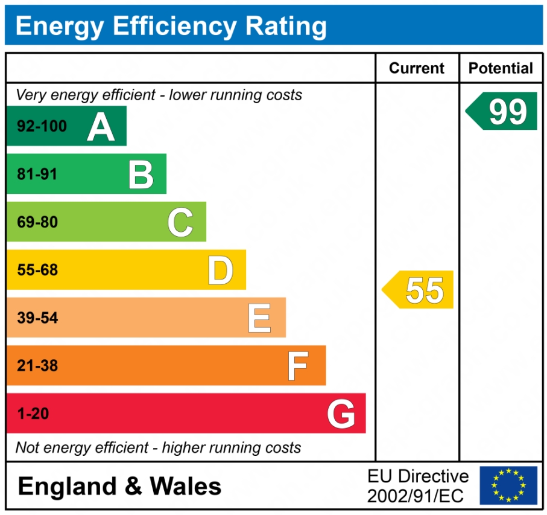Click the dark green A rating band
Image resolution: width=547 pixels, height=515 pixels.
coord(66,126)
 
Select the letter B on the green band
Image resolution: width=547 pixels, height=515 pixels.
coord(141,174)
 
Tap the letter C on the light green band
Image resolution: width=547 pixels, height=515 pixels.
coord(180,222)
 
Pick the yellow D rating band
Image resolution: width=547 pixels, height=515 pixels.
coord(126,270)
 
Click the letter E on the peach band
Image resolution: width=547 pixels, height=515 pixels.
coord(259,318)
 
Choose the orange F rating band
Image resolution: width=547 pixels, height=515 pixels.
coord(166,365)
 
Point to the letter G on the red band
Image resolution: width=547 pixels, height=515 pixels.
coord(341,414)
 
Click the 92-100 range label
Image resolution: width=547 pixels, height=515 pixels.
coord(42,127)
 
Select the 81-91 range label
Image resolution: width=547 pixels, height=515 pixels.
coord(37,174)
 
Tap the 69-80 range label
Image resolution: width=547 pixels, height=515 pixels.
coord(37,222)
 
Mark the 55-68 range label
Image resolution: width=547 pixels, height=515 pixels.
coord(37,270)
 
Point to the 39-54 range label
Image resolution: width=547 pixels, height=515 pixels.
coord(37,318)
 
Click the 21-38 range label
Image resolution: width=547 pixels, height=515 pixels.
coord(37,365)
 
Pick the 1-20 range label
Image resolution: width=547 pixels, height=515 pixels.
coord(33,414)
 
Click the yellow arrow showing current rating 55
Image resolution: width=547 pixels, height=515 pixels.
coord(418,290)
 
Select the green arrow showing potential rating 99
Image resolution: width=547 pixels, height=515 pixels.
coord(502,111)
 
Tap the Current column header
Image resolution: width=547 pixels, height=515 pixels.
coord(417,68)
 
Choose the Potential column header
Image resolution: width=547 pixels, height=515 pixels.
coord(501,68)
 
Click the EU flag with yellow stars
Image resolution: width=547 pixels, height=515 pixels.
coord(508,485)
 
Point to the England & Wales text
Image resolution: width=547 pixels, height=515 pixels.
coord(119,486)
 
